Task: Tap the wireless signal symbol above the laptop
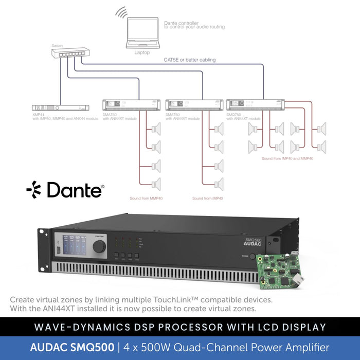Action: click(121, 13)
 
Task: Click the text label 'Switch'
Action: click(57, 46)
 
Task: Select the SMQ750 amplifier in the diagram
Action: click(256, 104)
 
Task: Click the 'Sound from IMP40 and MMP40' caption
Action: click(287, 158)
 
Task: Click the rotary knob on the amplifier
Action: click(99, 246)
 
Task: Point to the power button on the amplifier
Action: click(253, 256)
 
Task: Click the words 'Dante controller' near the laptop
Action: click(179, 23)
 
